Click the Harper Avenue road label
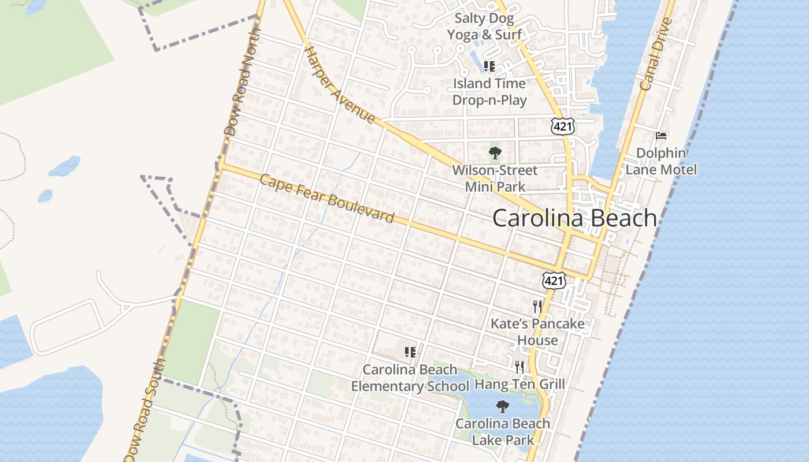(x=340, y=84)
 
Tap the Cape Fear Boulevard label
(x=327, y=199)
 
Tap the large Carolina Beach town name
(x=574, y=218)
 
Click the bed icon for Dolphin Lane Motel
(x=662, y=136)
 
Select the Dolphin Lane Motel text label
(x=662, y=161)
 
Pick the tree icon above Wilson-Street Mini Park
(x=495, y=153)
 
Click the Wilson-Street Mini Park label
(x=495, y=178)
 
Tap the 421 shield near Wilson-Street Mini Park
(x=562, y=126)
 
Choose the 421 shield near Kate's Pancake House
(x=554, y=281)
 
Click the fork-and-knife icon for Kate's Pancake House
(x=537, y=306)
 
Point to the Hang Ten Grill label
(x=519, y=384)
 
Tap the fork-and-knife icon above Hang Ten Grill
(x=519, y=367)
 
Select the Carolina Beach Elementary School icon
(x=410, y=352)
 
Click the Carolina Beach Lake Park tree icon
(x=503, y=406)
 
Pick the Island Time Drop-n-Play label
(x=489, y=92)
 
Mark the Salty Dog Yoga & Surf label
(x=485, y=27)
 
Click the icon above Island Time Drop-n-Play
(x=489, y=66)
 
